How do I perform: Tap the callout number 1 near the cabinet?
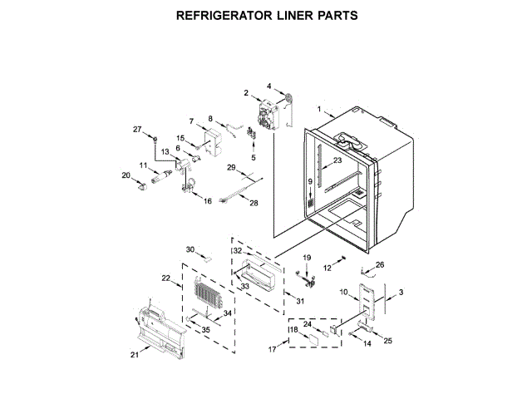[318, 108]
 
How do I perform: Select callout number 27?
[139, 129]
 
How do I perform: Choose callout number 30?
[190, 249]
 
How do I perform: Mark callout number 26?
[381, 265]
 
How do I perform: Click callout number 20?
[126, 175]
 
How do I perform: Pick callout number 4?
[269, 86]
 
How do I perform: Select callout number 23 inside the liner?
[337, 160]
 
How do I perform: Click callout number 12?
[328, 268]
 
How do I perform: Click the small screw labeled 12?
[341, 262]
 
